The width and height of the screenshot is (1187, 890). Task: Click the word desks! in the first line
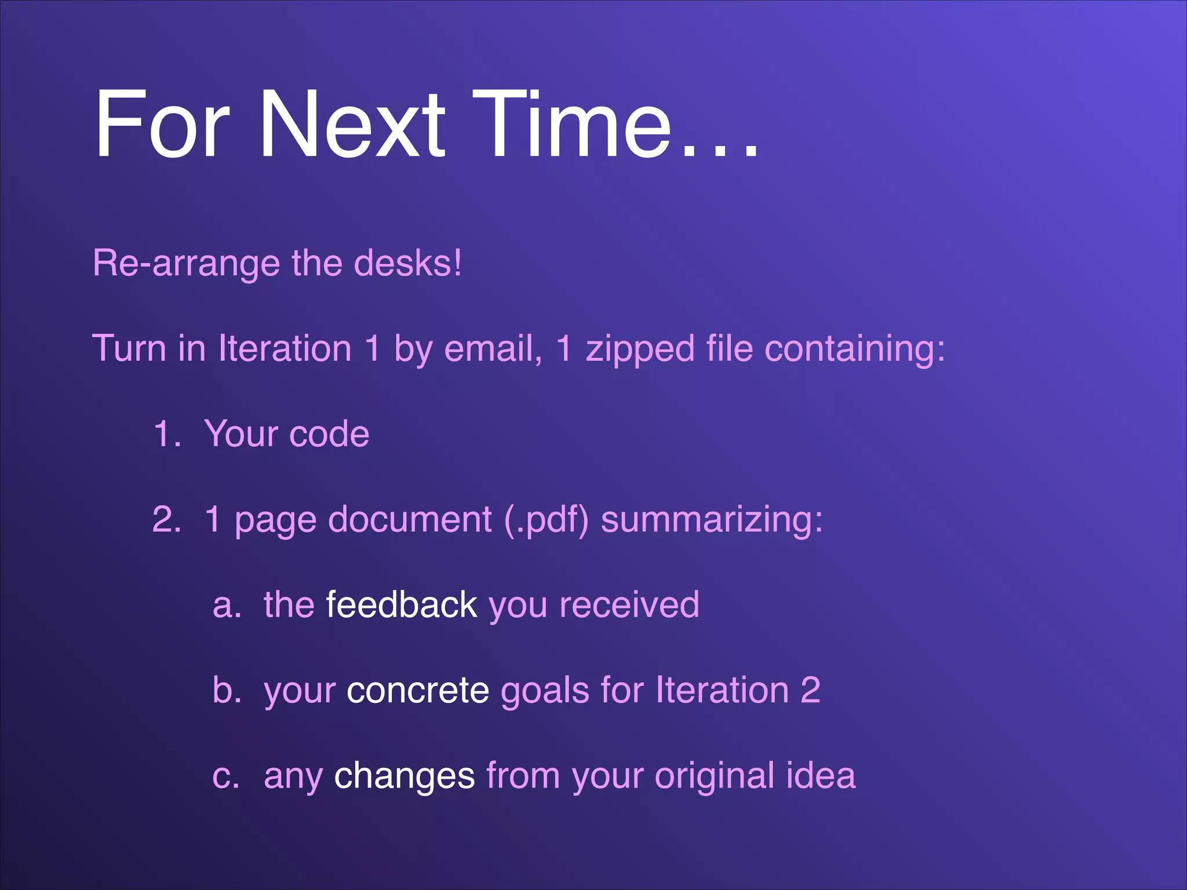pyautogui.click(x=407, y=264)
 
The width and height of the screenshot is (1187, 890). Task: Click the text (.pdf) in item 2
pyautogui.click(x=546, y=520)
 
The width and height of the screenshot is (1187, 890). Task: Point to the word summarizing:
pyautogui.click(x=712, y=520)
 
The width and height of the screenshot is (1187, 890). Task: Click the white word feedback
pyautogui.click(x=401, y=605)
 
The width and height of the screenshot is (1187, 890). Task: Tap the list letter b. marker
pyautogui.click(x=227, y=690)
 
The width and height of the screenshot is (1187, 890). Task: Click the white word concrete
pyautogui.click(x=417, y=691)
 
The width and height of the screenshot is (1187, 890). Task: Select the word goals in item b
pyautogui.click(x=545, y=691)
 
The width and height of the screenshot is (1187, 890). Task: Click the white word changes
pyautogui.click(x=404, y=777)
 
